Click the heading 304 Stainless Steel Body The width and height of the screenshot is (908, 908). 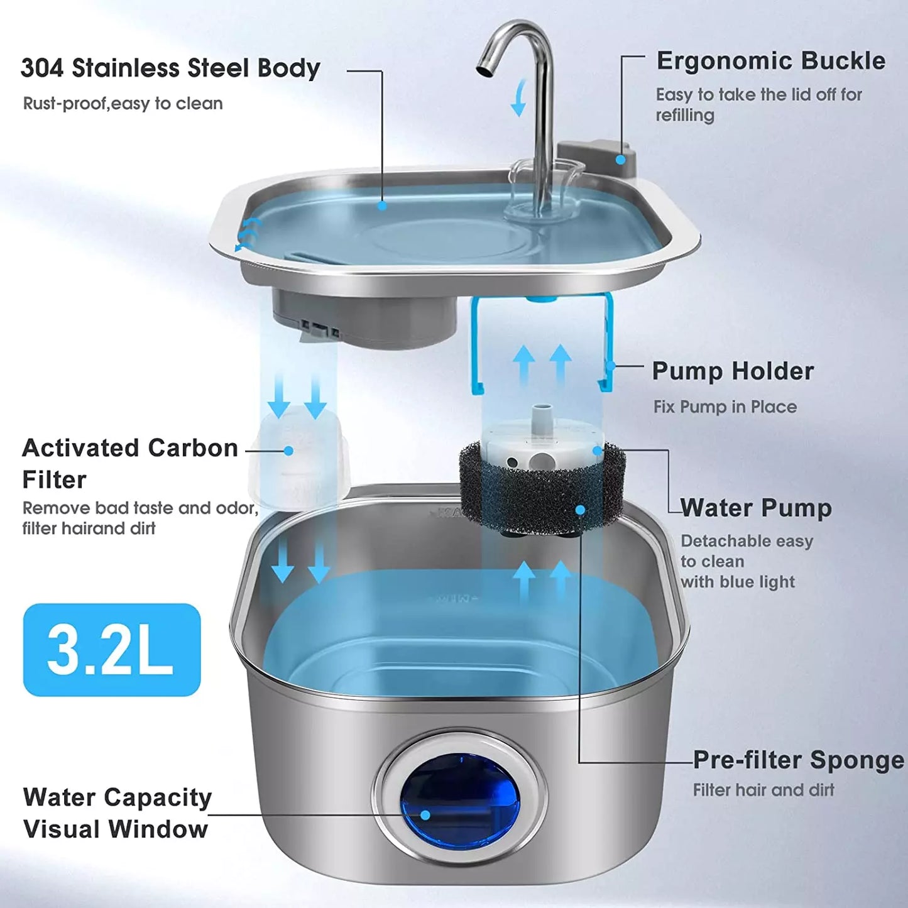click(170, 68)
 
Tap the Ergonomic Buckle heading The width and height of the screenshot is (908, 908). click(771, 61)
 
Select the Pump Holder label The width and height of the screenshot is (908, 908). click(733, 371)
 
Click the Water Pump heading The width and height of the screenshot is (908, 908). click(757, 508)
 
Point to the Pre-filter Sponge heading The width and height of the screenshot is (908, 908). click(799, 760)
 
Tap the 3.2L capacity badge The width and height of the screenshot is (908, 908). click(112, 650)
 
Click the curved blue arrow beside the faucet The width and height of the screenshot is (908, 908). click(519, 97)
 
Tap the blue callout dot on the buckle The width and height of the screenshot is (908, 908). click(621, 160)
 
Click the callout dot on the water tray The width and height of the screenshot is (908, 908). click(382, 206)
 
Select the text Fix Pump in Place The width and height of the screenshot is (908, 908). click(725, 407)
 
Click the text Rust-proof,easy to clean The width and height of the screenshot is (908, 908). click(123, 104)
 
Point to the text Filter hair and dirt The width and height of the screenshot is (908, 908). click(763, 790)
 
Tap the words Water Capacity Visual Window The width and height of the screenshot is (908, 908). click(118, 813)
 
